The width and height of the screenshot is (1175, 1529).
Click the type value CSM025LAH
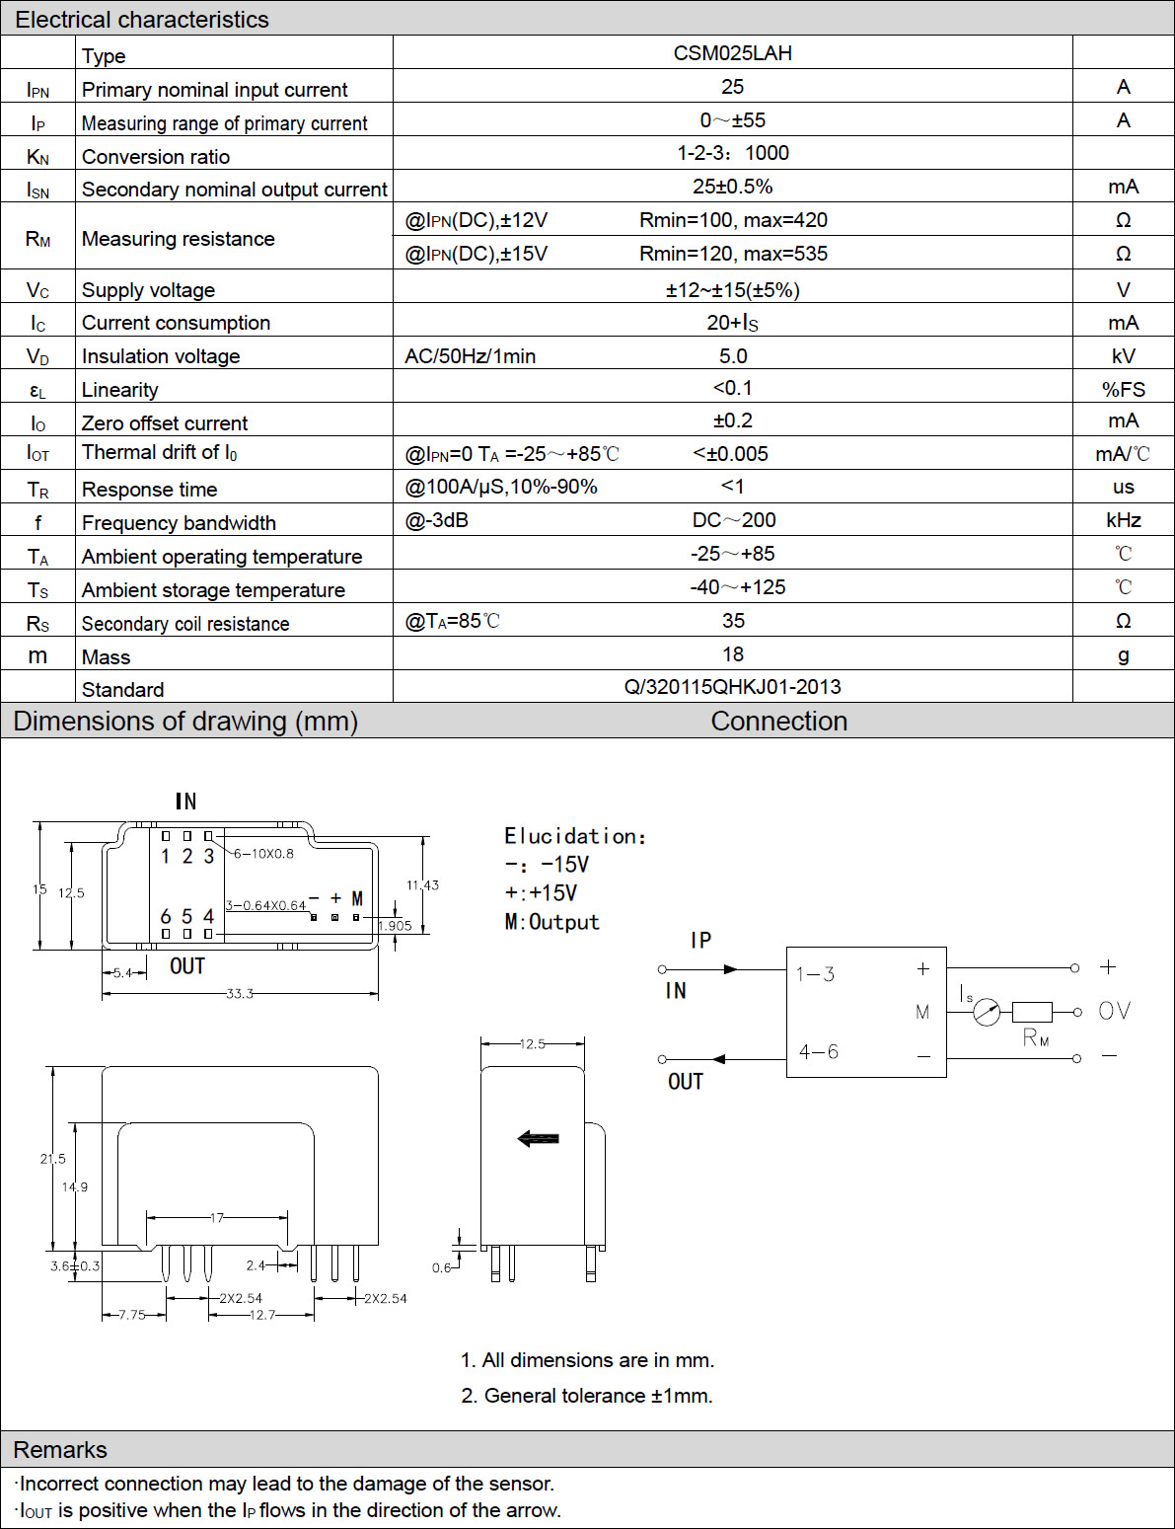point(732,53)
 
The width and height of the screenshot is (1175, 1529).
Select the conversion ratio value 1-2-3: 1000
point(733,153)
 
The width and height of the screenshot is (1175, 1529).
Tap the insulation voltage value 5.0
point(733,356)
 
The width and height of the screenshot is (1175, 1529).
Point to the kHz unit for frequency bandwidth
point(1123,520)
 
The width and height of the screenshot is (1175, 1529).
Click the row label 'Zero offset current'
point(165,422)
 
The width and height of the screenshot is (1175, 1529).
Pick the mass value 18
point(733,654)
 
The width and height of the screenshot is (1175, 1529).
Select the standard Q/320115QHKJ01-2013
point(732,687)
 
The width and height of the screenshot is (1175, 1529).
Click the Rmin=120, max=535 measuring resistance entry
point(733,254)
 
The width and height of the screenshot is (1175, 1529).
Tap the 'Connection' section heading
point(779,722)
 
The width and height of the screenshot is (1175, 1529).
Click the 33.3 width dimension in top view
point(239,994)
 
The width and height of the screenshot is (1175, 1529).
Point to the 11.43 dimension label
point(422,885)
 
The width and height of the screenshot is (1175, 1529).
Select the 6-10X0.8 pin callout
point(263,854)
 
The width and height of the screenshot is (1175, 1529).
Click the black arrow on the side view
point(538,1138)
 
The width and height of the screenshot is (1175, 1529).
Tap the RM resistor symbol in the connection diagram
point(1032,1012)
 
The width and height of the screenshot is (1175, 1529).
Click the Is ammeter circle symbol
point(987,1012)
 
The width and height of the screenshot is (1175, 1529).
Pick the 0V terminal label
point(1115,1011)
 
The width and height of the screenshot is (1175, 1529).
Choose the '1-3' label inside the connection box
point(815,974)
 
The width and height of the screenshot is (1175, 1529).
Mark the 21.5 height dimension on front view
point(52,1158)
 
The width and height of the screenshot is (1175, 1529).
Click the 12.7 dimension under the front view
point(262,1315)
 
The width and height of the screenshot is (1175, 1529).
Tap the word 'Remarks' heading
point(60,1449)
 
